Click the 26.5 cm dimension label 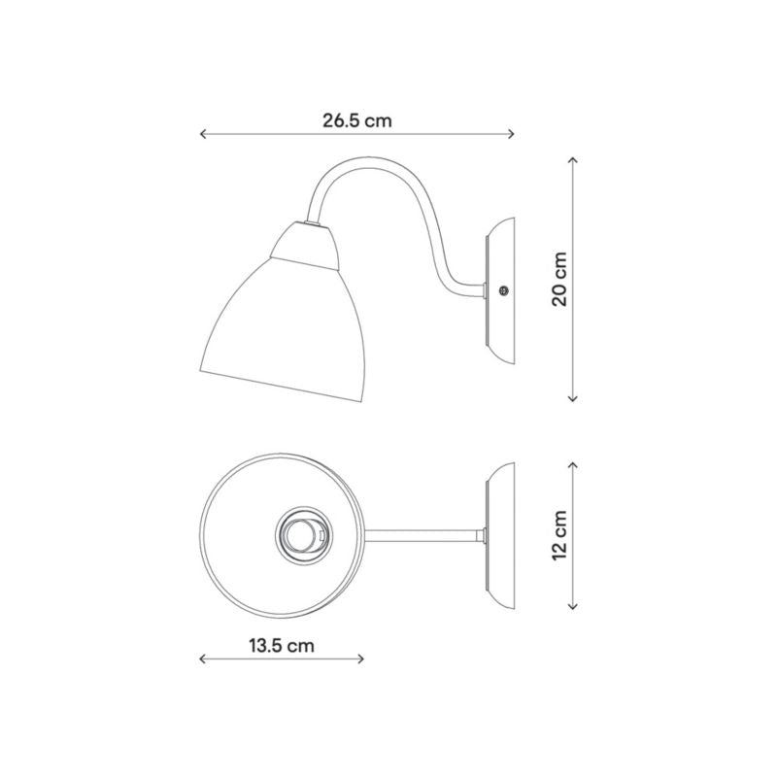click(356, 120)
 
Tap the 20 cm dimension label click(559, 279)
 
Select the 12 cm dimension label click(559, 535)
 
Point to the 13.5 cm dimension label click(282, 646)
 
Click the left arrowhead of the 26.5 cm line click(202, 134)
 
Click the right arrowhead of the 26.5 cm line click(512, 134)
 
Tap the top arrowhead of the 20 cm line click(573, 159)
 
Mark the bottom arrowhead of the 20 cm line click(573, 398)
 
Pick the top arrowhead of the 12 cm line click(573, 464)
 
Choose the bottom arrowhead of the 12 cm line click(573, 605)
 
